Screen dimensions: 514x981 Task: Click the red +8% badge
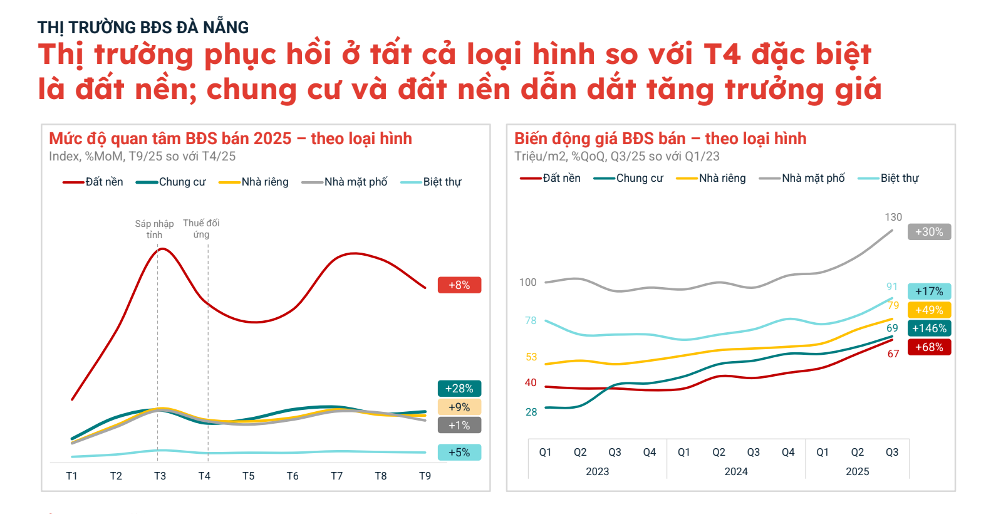pos(459,285)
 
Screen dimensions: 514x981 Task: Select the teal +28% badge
pos(459,389)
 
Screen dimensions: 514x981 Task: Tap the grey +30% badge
pos(929,232)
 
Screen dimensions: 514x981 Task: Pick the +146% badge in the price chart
pos(929,328)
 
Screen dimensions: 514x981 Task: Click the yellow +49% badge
pos(929,310)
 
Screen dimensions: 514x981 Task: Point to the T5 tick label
pos(249,476)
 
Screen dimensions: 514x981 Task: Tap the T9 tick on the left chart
pos(425,476)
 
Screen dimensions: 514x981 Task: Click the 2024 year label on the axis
pos(736,471)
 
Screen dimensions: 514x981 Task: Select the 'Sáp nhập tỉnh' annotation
pos(154,229)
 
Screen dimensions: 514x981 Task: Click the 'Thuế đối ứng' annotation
pos(201,229)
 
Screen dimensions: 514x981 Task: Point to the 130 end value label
pos(893,217)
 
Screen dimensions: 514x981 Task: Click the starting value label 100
pos(528,282)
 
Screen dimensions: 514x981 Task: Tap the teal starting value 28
pos(531,412)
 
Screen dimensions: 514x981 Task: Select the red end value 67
pos(893,354)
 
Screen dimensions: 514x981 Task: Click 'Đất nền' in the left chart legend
pos(104,182)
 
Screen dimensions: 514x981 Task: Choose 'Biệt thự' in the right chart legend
pos(899,178)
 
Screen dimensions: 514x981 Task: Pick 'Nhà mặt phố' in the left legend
pos(356,182)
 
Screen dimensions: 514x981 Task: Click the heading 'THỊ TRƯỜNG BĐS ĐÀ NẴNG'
pos(143,28)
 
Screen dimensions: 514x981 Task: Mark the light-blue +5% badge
pos(459,453)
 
